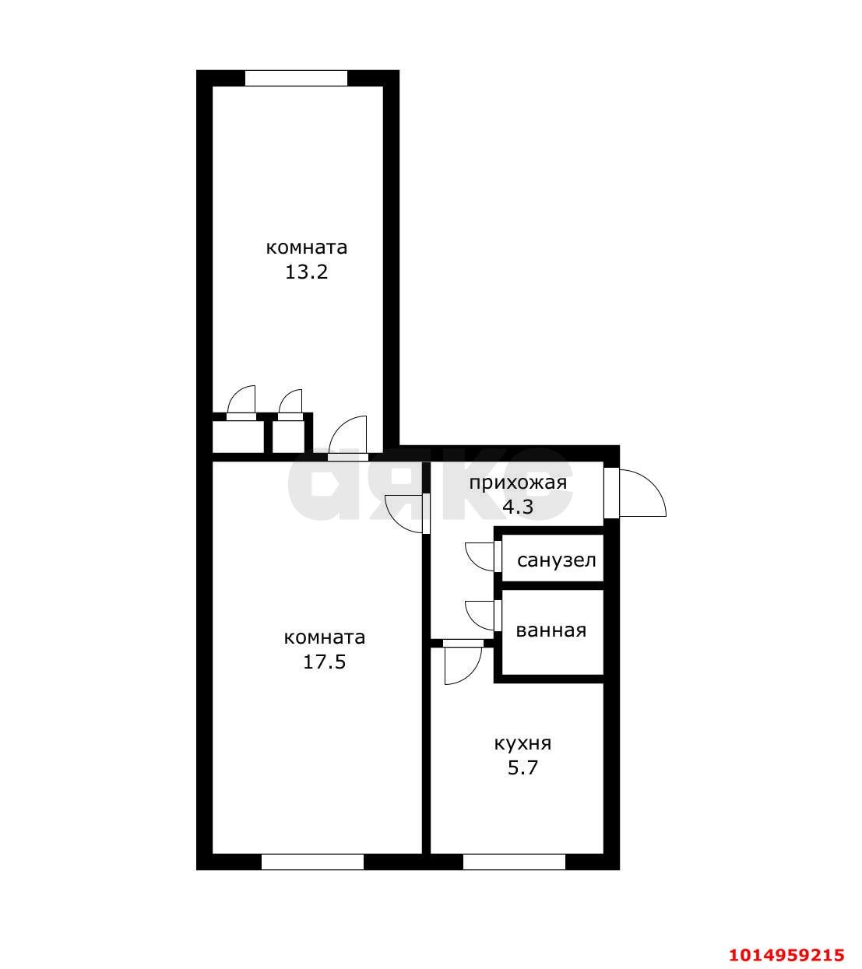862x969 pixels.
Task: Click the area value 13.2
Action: click(x=306, y=272)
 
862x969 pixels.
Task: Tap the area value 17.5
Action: click(x=325, y=662)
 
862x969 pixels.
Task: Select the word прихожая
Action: click(x=518, y=483)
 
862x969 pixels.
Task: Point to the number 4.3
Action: click(x=518, y=507)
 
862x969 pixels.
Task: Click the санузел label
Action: click(x=557, y=560)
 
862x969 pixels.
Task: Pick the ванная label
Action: click(x=551, y=630)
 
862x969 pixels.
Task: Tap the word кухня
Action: click(x=522, y=743)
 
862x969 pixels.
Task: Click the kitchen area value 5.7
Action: click(x=522, y=767)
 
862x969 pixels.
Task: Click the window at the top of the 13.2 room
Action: click(x=296, y=78)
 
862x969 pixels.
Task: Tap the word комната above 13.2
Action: click(x=306, y=248)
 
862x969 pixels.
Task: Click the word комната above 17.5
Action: click(x=325, y=637)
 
